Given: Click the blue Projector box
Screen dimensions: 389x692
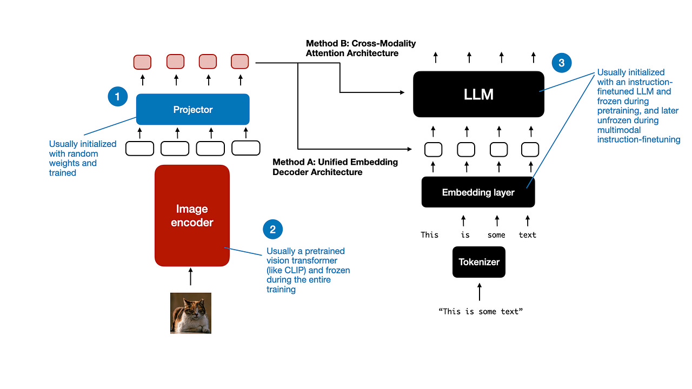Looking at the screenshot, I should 192,109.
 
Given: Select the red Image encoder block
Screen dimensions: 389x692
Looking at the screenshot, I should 192,216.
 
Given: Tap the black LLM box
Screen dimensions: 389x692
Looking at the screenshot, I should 478,94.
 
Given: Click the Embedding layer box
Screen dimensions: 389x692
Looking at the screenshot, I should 478,192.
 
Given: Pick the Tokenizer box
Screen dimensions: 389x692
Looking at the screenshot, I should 478,262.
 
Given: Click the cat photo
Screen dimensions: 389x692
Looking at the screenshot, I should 190,313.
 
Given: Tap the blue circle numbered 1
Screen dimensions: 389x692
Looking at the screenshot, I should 117,97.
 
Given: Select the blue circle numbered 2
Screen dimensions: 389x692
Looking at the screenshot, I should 272,229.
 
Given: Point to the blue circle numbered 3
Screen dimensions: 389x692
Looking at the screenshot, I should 561,63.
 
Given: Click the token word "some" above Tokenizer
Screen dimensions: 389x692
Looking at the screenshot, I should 496,235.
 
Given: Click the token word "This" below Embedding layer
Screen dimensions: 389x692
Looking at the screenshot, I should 430,235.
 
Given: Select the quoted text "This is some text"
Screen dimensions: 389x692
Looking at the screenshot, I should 481,312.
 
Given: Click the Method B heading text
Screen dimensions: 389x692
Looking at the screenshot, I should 361,48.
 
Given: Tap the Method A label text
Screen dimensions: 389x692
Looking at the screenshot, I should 335,167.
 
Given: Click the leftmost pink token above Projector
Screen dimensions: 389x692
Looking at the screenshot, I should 143,62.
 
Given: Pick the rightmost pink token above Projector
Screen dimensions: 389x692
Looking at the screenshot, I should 239,62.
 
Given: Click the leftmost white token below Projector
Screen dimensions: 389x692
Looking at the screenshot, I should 139,148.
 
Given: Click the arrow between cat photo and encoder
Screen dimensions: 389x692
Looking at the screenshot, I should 190,277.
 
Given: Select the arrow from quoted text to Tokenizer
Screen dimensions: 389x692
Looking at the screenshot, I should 479,292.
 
